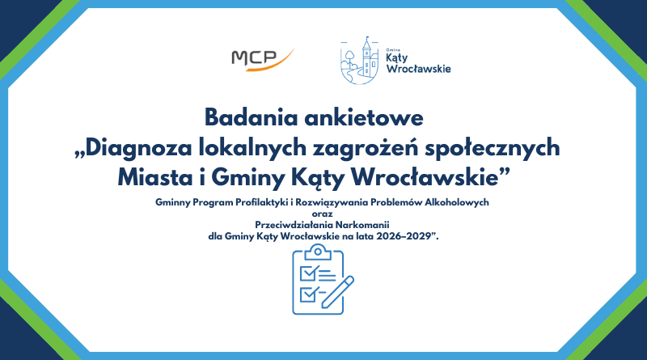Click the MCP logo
263,59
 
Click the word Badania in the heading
251,117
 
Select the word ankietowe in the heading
364,117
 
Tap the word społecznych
493,148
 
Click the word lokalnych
252,148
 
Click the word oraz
322,214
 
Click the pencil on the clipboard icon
337,292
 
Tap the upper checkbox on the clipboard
309,273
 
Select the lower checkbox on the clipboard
308,294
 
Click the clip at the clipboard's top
318,252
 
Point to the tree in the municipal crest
349,58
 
